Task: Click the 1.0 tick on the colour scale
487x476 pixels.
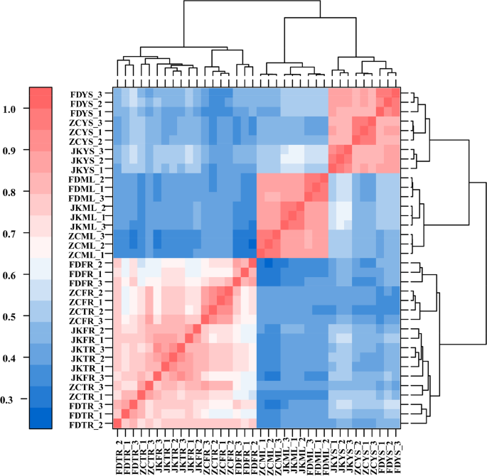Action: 14,109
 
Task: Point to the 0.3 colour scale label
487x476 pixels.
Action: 14,400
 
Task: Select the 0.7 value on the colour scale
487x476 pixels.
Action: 14,234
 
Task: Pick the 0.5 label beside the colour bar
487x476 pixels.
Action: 14,317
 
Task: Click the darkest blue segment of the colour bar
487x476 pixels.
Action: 41,418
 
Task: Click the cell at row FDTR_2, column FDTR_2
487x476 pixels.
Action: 118,424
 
